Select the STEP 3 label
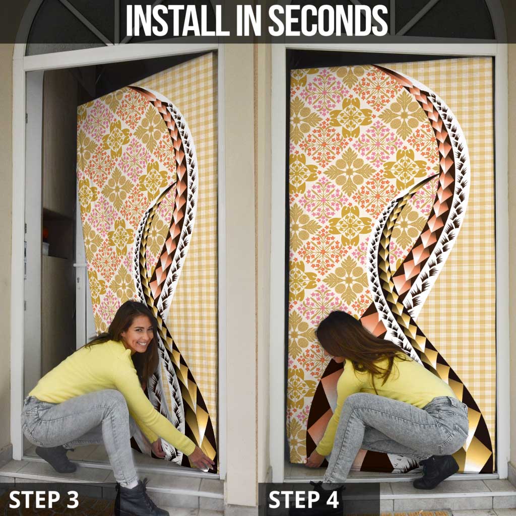tap(44, 499)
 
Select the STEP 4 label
tap(303, 499)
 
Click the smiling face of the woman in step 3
tap(139, 335)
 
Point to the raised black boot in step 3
tap(56, 459)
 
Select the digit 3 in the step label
tap(72, 499)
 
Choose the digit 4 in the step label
tap(332, 499)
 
